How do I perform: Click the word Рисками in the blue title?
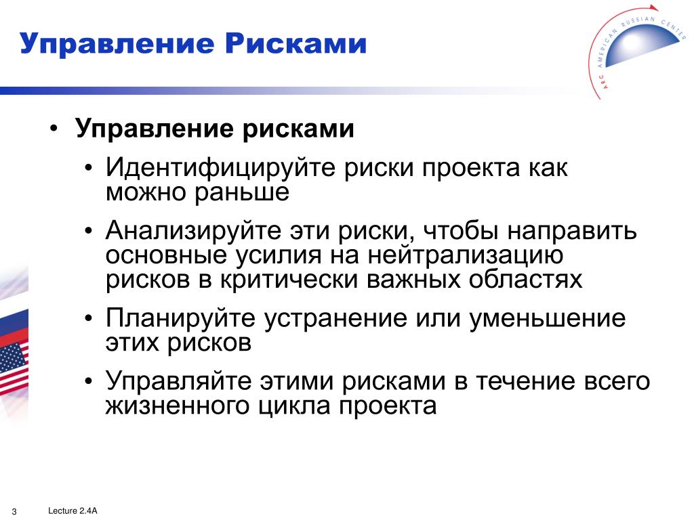295,43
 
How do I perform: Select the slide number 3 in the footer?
14,512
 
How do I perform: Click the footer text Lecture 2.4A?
73,511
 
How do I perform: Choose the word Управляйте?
178,382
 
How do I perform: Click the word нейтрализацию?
466,255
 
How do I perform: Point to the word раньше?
242,192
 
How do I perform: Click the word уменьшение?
548,318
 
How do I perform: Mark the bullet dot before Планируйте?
89,318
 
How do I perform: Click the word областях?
526,280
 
